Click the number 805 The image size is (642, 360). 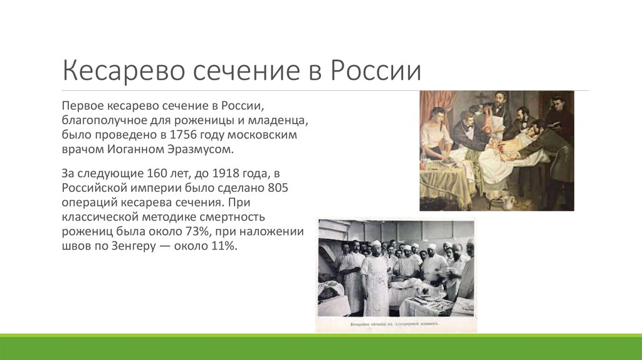click(x=278, y=188)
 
